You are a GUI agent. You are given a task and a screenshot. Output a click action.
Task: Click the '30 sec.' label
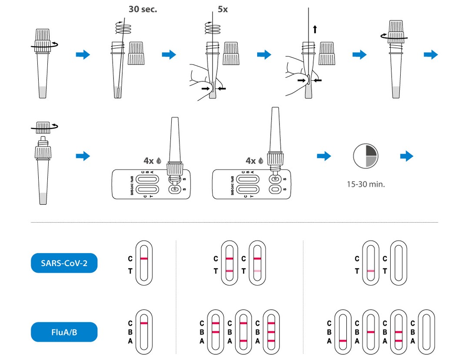click(143, 9)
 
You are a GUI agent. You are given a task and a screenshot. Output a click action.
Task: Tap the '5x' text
click(222, 9)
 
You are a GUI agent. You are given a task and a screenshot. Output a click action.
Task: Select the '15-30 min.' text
click(365, 184)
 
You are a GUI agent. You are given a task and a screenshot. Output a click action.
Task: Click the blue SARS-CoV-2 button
click(64, 263)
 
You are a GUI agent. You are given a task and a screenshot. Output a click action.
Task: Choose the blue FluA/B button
click(64, 332)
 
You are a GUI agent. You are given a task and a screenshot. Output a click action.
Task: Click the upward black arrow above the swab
click(315, 29)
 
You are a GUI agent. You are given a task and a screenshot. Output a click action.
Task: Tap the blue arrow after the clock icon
click(406, 156)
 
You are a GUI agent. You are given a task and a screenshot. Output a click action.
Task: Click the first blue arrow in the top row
click(83, 54)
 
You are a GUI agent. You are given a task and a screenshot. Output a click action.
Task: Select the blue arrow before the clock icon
click(323, 156)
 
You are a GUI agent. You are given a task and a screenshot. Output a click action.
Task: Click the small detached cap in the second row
click(43, 127)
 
